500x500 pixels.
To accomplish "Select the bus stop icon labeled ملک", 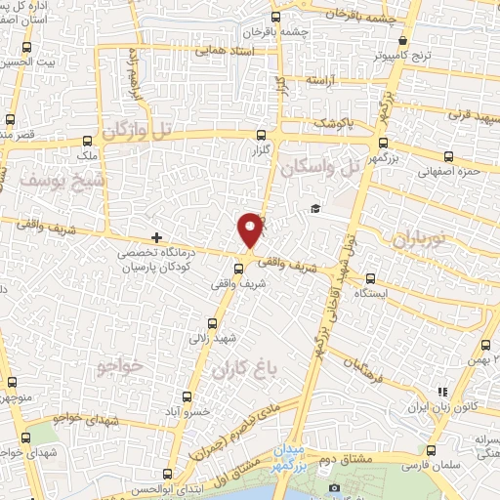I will click(x=88, y=140).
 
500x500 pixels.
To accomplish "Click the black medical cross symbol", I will click(x=156, y=237).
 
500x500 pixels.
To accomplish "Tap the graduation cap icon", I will click(x=315, y=208).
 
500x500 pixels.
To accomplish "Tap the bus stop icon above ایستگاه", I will click(x=367, y=275).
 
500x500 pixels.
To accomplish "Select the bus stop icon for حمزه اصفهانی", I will click(x=447, y=156).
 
